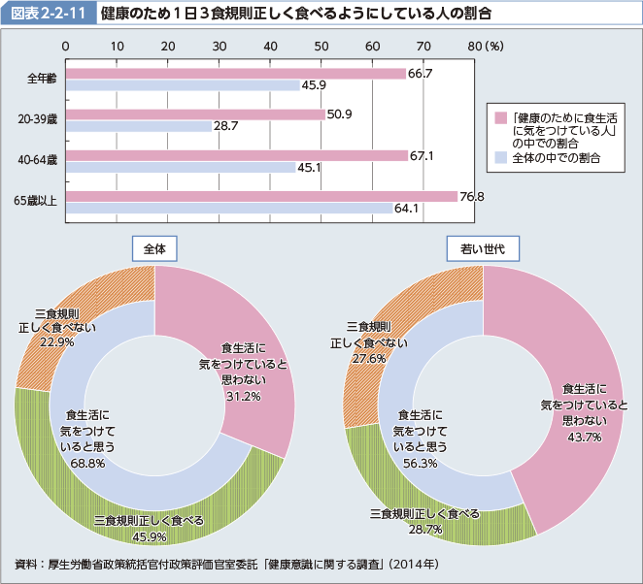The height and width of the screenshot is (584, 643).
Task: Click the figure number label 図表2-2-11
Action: tap(48, 14)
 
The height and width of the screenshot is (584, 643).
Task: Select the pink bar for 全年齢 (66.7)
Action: tap(235, 74)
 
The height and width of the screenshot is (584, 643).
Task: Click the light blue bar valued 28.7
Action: tap(138, 126)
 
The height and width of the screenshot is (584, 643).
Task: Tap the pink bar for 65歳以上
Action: tap(261, 196)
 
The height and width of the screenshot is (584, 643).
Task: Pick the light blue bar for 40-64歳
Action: tap(181, 167)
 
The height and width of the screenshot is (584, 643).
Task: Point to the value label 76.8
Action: tap(472, 197)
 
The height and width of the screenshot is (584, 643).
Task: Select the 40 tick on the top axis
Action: tap(270, 46)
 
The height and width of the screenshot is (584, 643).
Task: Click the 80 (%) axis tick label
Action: tap(484, 46)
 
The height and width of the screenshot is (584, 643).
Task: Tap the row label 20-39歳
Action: tap(38, 120)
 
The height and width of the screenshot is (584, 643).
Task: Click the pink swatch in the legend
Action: tap(501, 118)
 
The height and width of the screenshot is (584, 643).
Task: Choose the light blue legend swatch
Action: tap(501, 156)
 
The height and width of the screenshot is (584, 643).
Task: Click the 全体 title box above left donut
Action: tap(154, 248)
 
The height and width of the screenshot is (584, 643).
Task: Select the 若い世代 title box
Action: tap(482, 248)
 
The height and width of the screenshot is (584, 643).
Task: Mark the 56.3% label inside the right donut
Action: tap(420, 464)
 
